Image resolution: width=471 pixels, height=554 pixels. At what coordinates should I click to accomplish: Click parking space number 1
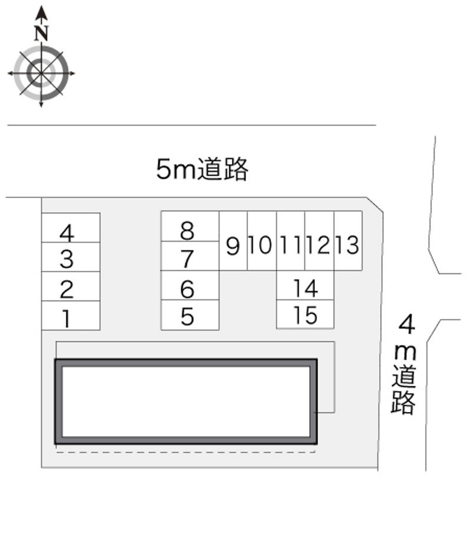click(71, 316)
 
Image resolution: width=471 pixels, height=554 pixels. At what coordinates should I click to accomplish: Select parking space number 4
click(71, 228)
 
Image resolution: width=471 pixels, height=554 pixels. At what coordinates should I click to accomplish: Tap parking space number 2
click(71, 286)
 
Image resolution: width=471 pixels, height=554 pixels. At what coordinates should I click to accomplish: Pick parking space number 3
click(71, 257)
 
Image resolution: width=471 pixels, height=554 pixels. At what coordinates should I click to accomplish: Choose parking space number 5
click(190, 315)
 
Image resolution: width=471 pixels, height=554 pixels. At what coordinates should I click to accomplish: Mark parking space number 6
click(190, 286)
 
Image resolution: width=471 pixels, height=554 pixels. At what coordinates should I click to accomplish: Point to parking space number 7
click(190, 256)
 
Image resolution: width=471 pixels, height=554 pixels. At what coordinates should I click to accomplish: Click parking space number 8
click(190, 227)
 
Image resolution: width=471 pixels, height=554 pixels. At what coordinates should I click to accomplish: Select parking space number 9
click(233, 242)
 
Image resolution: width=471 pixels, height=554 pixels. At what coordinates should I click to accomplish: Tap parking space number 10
click(261, 242)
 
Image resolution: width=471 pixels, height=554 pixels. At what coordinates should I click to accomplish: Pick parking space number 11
click(291, 242)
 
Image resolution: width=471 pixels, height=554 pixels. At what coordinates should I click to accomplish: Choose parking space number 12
click(319, 242)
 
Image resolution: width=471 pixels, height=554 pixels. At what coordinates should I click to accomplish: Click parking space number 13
click(348, 242)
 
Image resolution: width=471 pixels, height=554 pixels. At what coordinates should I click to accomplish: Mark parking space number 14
click(306, 286)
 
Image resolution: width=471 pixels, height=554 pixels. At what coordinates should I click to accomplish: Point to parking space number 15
click(306, 315)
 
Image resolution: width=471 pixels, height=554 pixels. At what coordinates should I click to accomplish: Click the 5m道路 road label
click(202, 169)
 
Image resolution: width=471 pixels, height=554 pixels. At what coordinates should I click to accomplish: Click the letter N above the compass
click(41, 33)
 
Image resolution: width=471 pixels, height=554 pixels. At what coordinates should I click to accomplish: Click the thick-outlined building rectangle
click(186, 401)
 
